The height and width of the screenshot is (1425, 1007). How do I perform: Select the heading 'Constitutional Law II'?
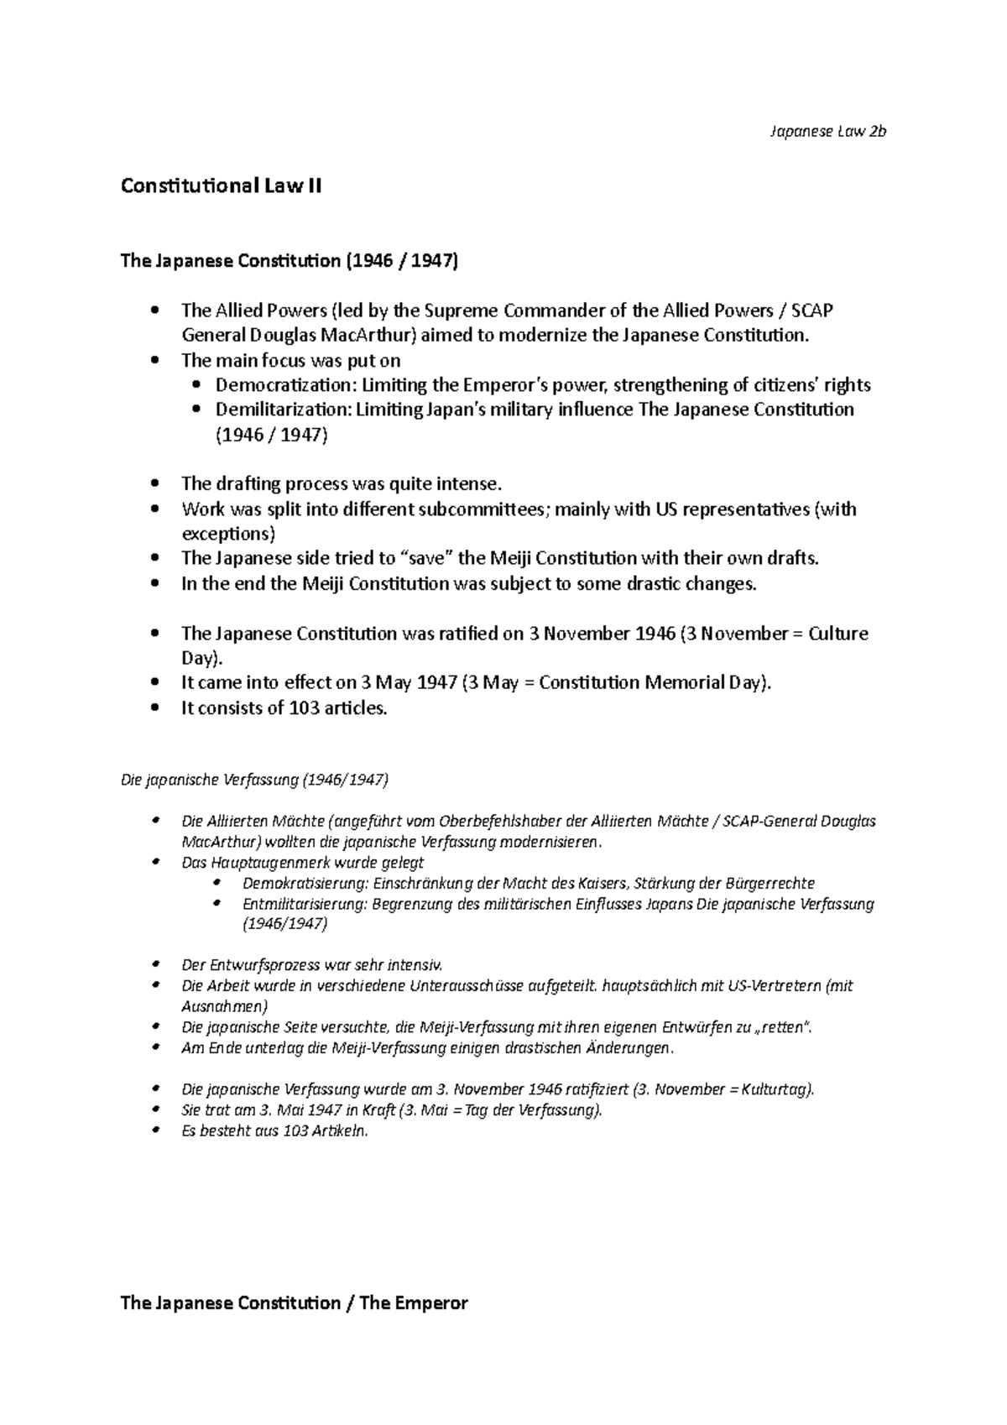pos(221,186)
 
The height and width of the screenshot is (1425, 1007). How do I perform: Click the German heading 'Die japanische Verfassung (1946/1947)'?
pos(255,780)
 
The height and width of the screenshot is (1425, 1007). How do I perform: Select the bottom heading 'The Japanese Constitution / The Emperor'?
pos(295,1303)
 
